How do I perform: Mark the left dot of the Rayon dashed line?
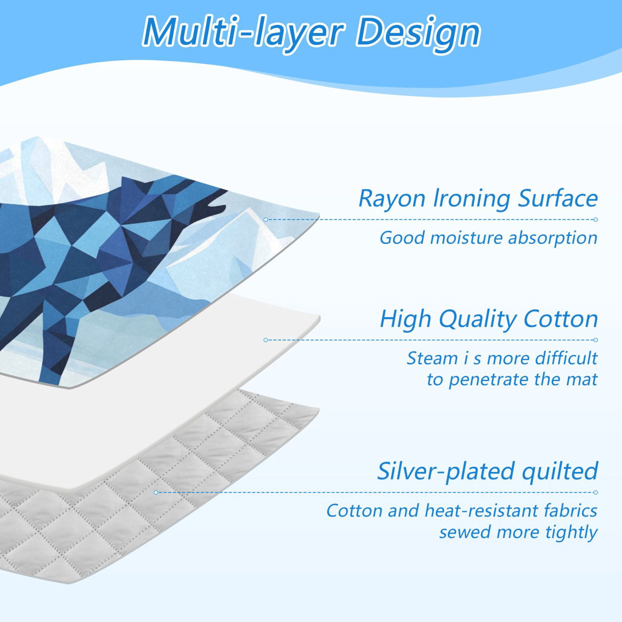coord(265,220)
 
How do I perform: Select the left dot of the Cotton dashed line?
coord(265,340)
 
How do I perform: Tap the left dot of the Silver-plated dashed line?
coord(156,492)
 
